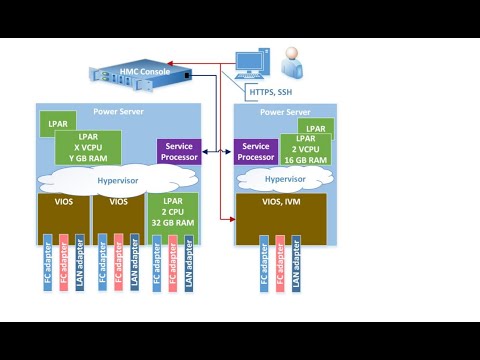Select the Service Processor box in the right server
255,152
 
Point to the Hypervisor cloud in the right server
285,180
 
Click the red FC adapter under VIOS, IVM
280,262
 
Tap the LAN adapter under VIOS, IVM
297,262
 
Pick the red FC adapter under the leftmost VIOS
63,262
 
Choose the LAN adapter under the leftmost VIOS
80,262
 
